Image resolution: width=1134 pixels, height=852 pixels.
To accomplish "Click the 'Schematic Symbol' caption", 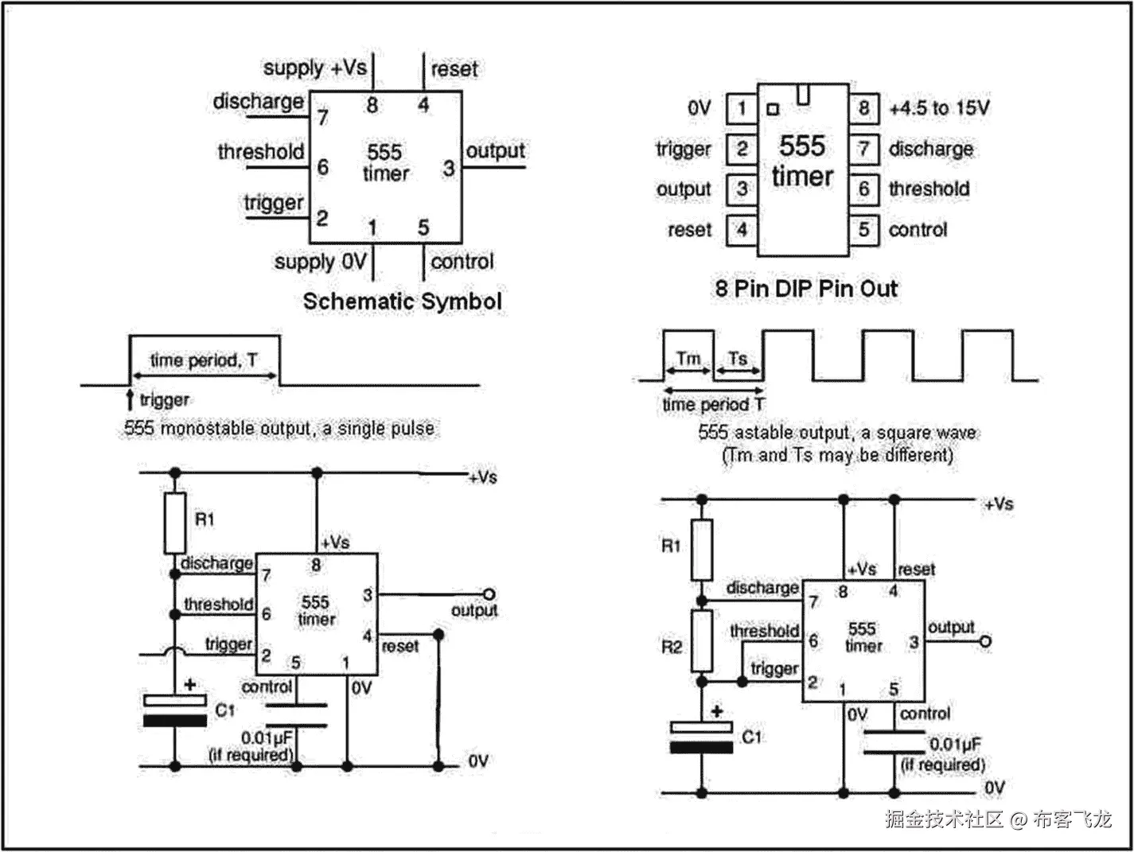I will click(402, 302).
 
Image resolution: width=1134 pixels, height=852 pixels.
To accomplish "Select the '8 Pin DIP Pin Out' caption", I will click(805, 288).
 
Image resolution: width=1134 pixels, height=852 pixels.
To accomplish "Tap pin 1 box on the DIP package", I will click(742, 108).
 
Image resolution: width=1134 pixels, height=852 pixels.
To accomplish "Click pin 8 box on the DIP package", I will click(863, 108).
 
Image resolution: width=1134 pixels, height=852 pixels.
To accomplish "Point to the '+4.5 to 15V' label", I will click(939, 108).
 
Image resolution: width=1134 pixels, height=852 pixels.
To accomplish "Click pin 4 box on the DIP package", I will click(742, 230).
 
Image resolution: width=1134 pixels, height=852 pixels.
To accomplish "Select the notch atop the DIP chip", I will click(803, 95).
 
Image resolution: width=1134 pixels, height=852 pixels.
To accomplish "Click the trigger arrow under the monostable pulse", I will click(130, 399).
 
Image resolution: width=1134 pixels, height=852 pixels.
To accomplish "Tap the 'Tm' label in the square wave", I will click(688, 359).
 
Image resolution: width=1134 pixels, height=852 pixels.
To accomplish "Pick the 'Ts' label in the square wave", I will click(738, 359).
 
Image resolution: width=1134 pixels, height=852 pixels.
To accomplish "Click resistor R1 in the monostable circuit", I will click(175, 523).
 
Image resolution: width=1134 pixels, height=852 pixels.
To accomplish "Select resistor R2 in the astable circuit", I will click(701, 641).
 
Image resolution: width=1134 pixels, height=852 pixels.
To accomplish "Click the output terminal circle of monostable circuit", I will click(489, 594).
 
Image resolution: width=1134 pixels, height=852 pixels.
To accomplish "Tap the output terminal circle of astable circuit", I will click(985, 640).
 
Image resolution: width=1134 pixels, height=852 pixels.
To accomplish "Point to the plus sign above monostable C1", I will click(190, 683).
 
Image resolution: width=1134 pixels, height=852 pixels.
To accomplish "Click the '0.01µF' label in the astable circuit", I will click(955, 745).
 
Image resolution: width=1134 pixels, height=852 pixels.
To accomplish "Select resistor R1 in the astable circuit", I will click(701, 550).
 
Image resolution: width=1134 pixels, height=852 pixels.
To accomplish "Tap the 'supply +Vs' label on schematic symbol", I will click(314, 68).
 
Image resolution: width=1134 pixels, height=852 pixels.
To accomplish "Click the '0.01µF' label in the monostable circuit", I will click(267, 737).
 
